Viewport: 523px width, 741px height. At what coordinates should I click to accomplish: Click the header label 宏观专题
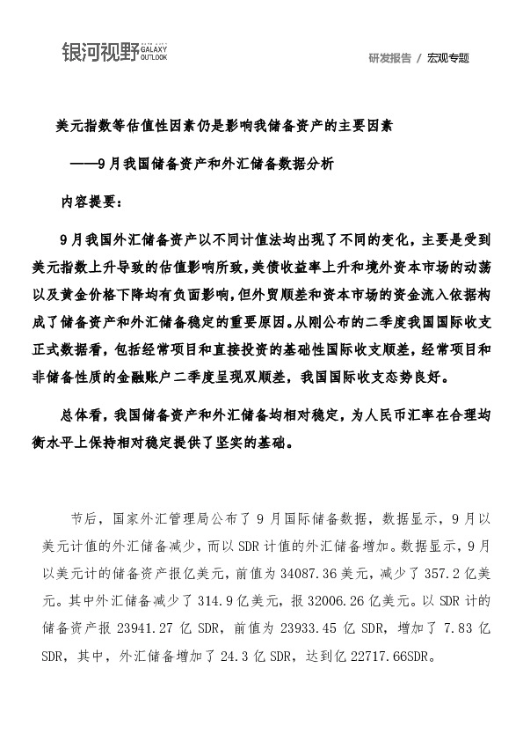pos(448,58)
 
